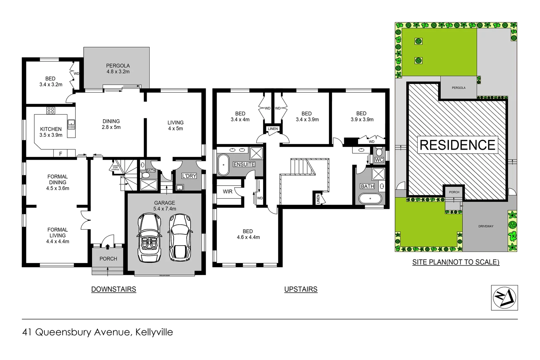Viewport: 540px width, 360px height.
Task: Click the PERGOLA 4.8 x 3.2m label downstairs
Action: pos(118,69)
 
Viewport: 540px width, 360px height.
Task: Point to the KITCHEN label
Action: pos(51,129)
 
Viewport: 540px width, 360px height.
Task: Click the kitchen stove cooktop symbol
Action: pos(51,110)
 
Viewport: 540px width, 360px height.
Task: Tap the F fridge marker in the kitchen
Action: pos(60,154)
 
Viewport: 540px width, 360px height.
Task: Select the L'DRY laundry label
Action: pos(189,176)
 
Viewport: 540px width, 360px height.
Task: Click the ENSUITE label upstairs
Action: pos(244,164)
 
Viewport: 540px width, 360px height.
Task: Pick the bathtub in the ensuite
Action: pos(223,165)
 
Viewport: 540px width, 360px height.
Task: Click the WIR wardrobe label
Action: pos(228,192)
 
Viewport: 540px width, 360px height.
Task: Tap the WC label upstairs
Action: pos(379,160)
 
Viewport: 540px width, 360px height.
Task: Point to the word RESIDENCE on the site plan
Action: pos(457,145)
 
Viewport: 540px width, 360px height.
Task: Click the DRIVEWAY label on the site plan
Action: pos(486,226)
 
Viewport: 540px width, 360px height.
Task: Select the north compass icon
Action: pos(504,298)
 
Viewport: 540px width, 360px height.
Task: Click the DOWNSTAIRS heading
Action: pos(114,289)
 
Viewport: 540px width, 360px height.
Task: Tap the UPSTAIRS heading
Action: pos(301,289)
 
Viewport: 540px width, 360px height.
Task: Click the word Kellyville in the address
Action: pos(154,332)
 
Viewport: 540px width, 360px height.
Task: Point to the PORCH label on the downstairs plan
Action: pos(108,259)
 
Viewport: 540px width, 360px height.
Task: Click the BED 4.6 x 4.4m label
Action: pos(248,234)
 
